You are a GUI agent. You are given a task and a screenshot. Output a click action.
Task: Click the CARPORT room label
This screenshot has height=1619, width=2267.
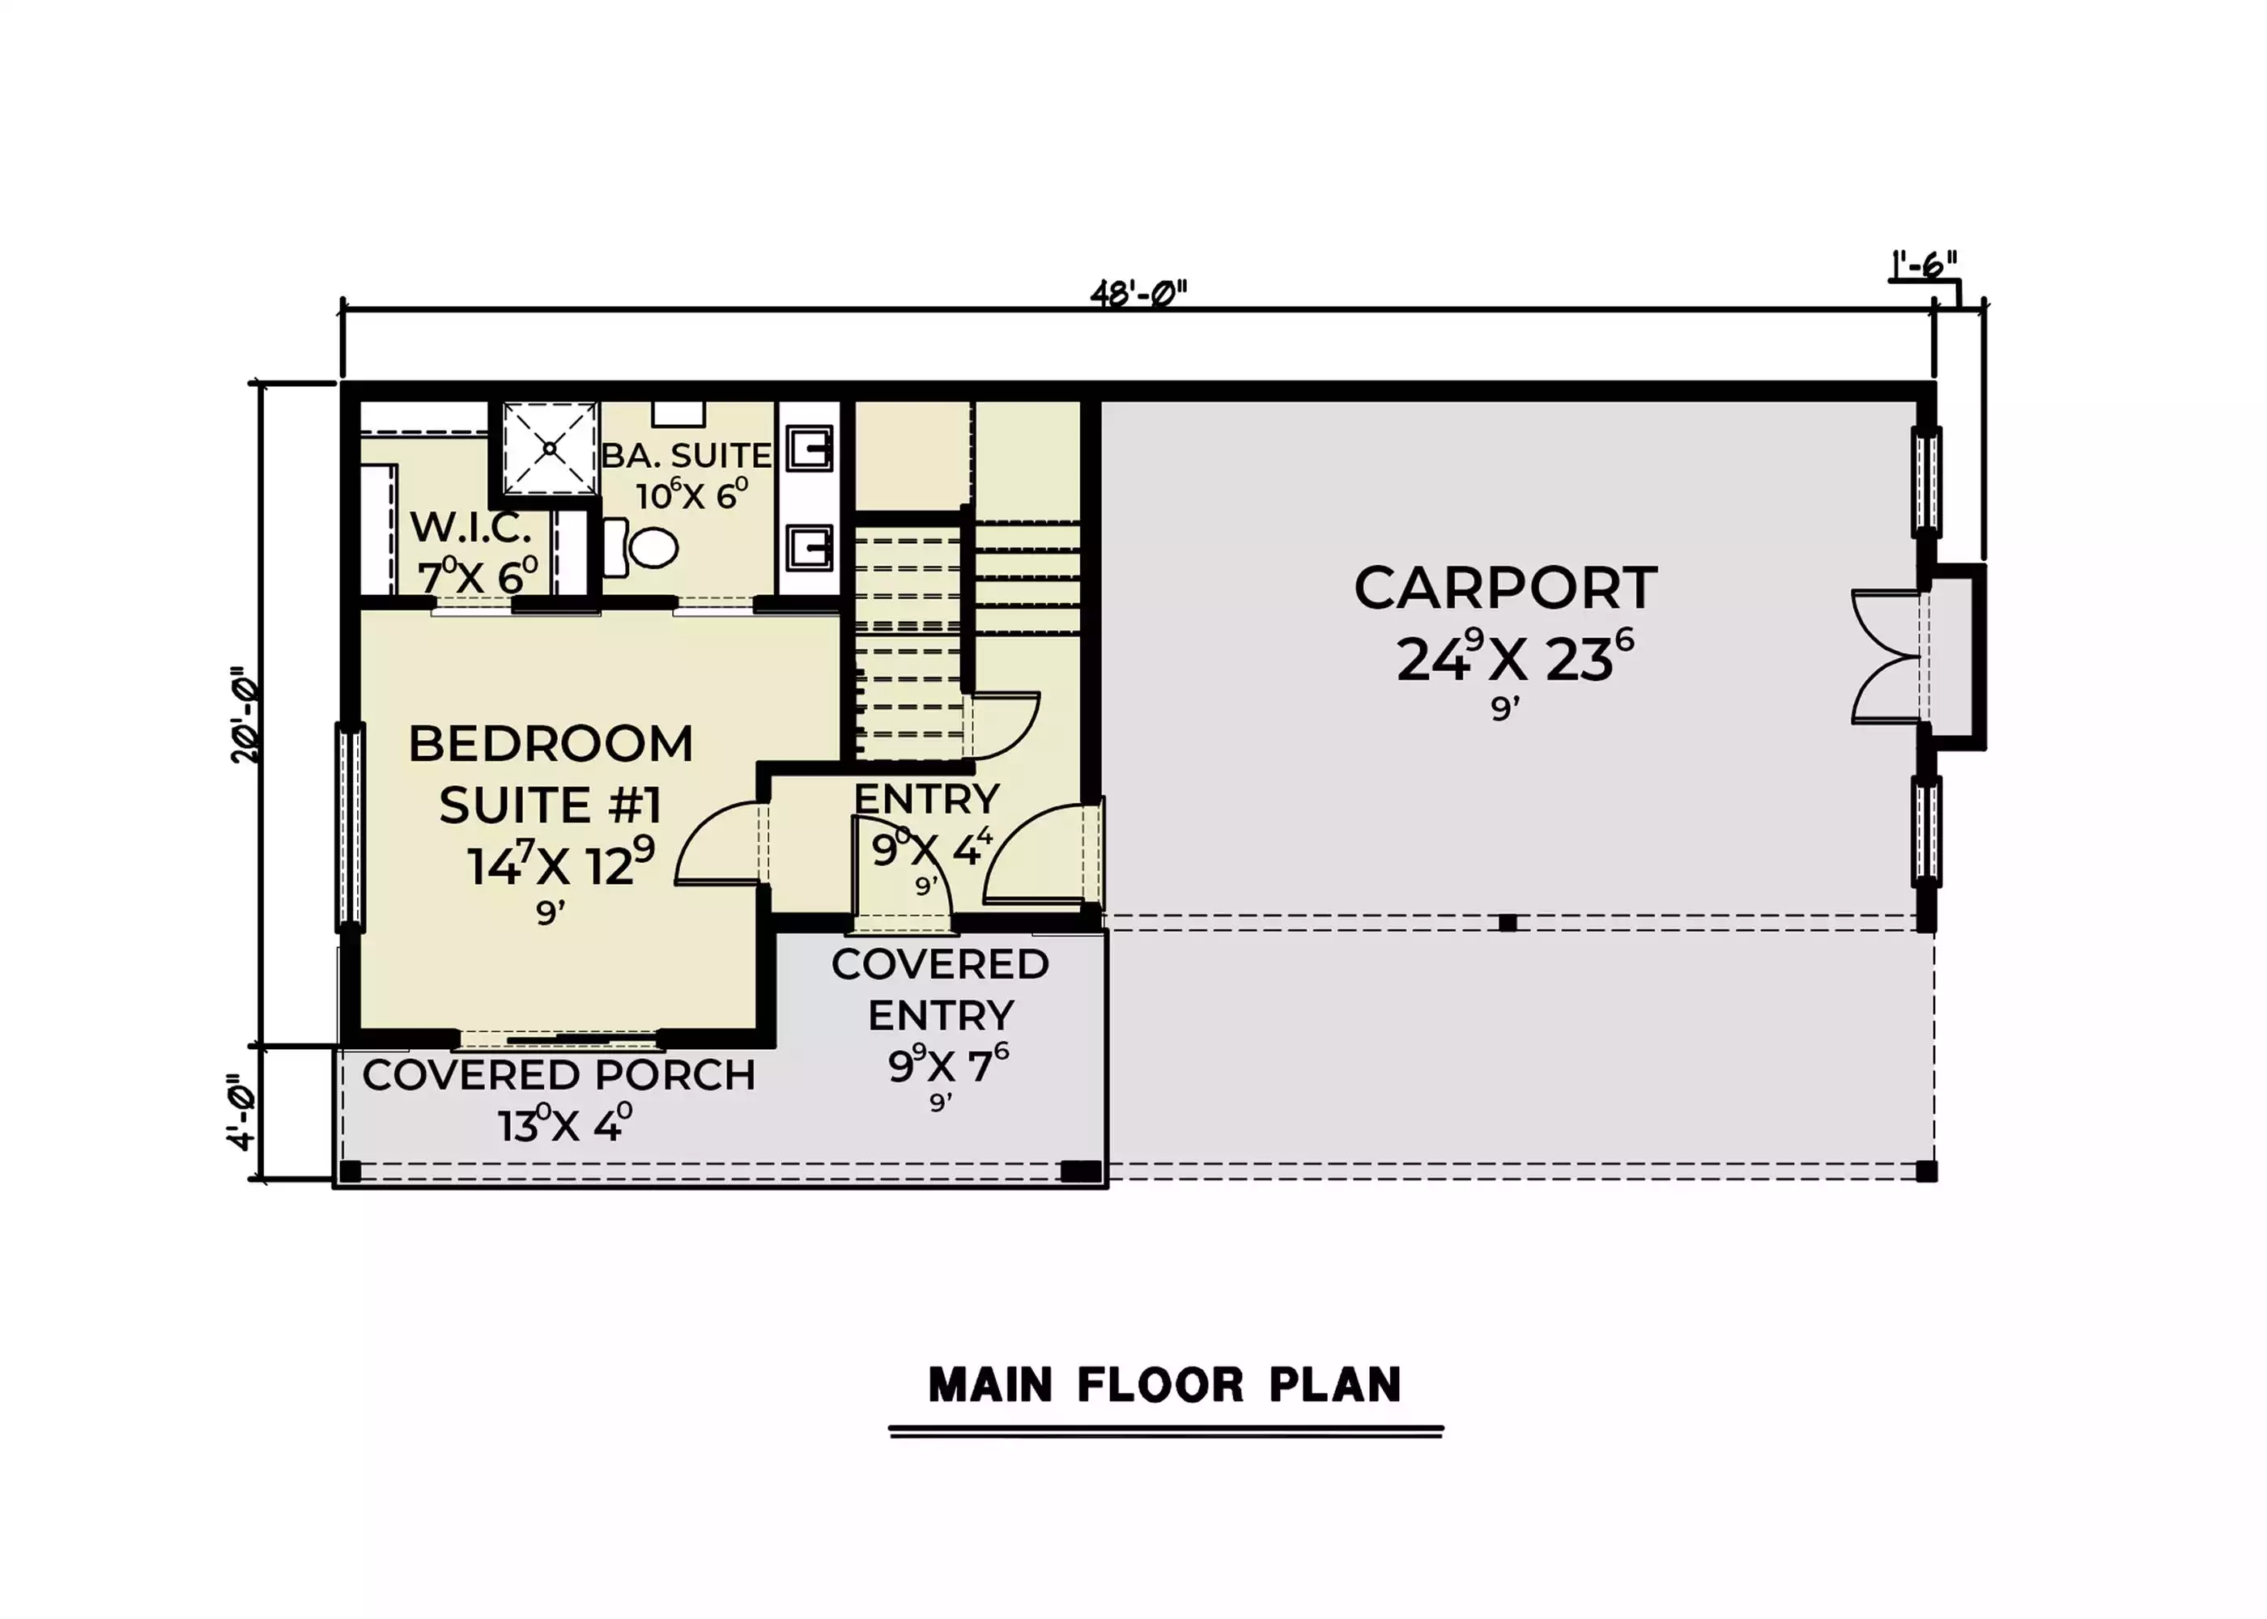[x=1505, y=589]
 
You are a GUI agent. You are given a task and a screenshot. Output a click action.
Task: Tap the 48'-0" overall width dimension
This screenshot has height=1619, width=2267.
[x=1138, y=294]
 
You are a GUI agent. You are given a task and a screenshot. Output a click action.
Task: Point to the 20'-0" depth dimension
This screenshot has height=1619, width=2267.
[x=245, y=715]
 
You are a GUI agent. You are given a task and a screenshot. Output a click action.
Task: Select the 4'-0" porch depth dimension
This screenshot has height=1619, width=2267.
[x=242, y=1111]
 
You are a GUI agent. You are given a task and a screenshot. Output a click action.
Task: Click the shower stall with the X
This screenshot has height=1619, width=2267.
[x=549, y=448]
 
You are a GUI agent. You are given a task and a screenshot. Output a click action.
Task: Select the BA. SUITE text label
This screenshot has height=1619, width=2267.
[x=686, y=456]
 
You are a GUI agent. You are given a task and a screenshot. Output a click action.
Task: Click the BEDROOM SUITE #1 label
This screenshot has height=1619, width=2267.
[x=551, y=774]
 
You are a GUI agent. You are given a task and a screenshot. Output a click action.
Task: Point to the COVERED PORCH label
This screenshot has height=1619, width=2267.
[x=559, y=1076]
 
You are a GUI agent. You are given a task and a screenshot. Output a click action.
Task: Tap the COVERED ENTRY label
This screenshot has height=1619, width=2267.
[x=940, y=990]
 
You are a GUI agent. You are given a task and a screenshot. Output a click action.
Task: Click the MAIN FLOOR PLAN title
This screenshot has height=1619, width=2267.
[x=1164, y=1386]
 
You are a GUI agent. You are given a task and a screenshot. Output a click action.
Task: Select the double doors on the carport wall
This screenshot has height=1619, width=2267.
[x=1886, y=657]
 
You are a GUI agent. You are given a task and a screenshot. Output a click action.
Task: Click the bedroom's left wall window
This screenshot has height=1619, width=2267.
[x=350, y=826]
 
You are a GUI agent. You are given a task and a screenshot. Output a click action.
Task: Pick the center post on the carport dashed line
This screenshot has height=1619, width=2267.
[x=1508, y=923]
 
